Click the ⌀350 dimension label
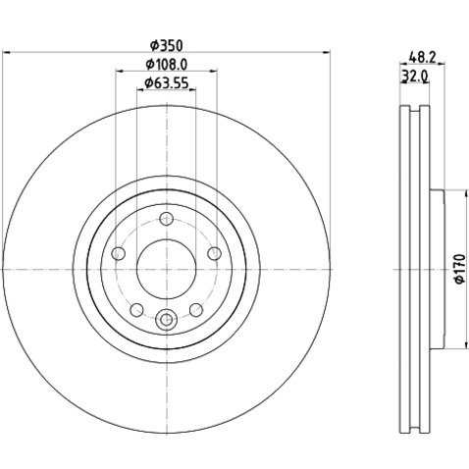pos(167,45)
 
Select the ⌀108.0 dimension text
pos(167,65)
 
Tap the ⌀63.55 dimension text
pos(167,83)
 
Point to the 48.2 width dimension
pos(423,58)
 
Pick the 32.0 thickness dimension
pos(415,77)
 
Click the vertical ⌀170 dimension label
pos(459,269)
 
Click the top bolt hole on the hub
pos(167,219)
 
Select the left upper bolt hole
pos(119,253)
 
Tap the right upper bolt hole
pos(215,253)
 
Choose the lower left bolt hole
pos(136,310)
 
